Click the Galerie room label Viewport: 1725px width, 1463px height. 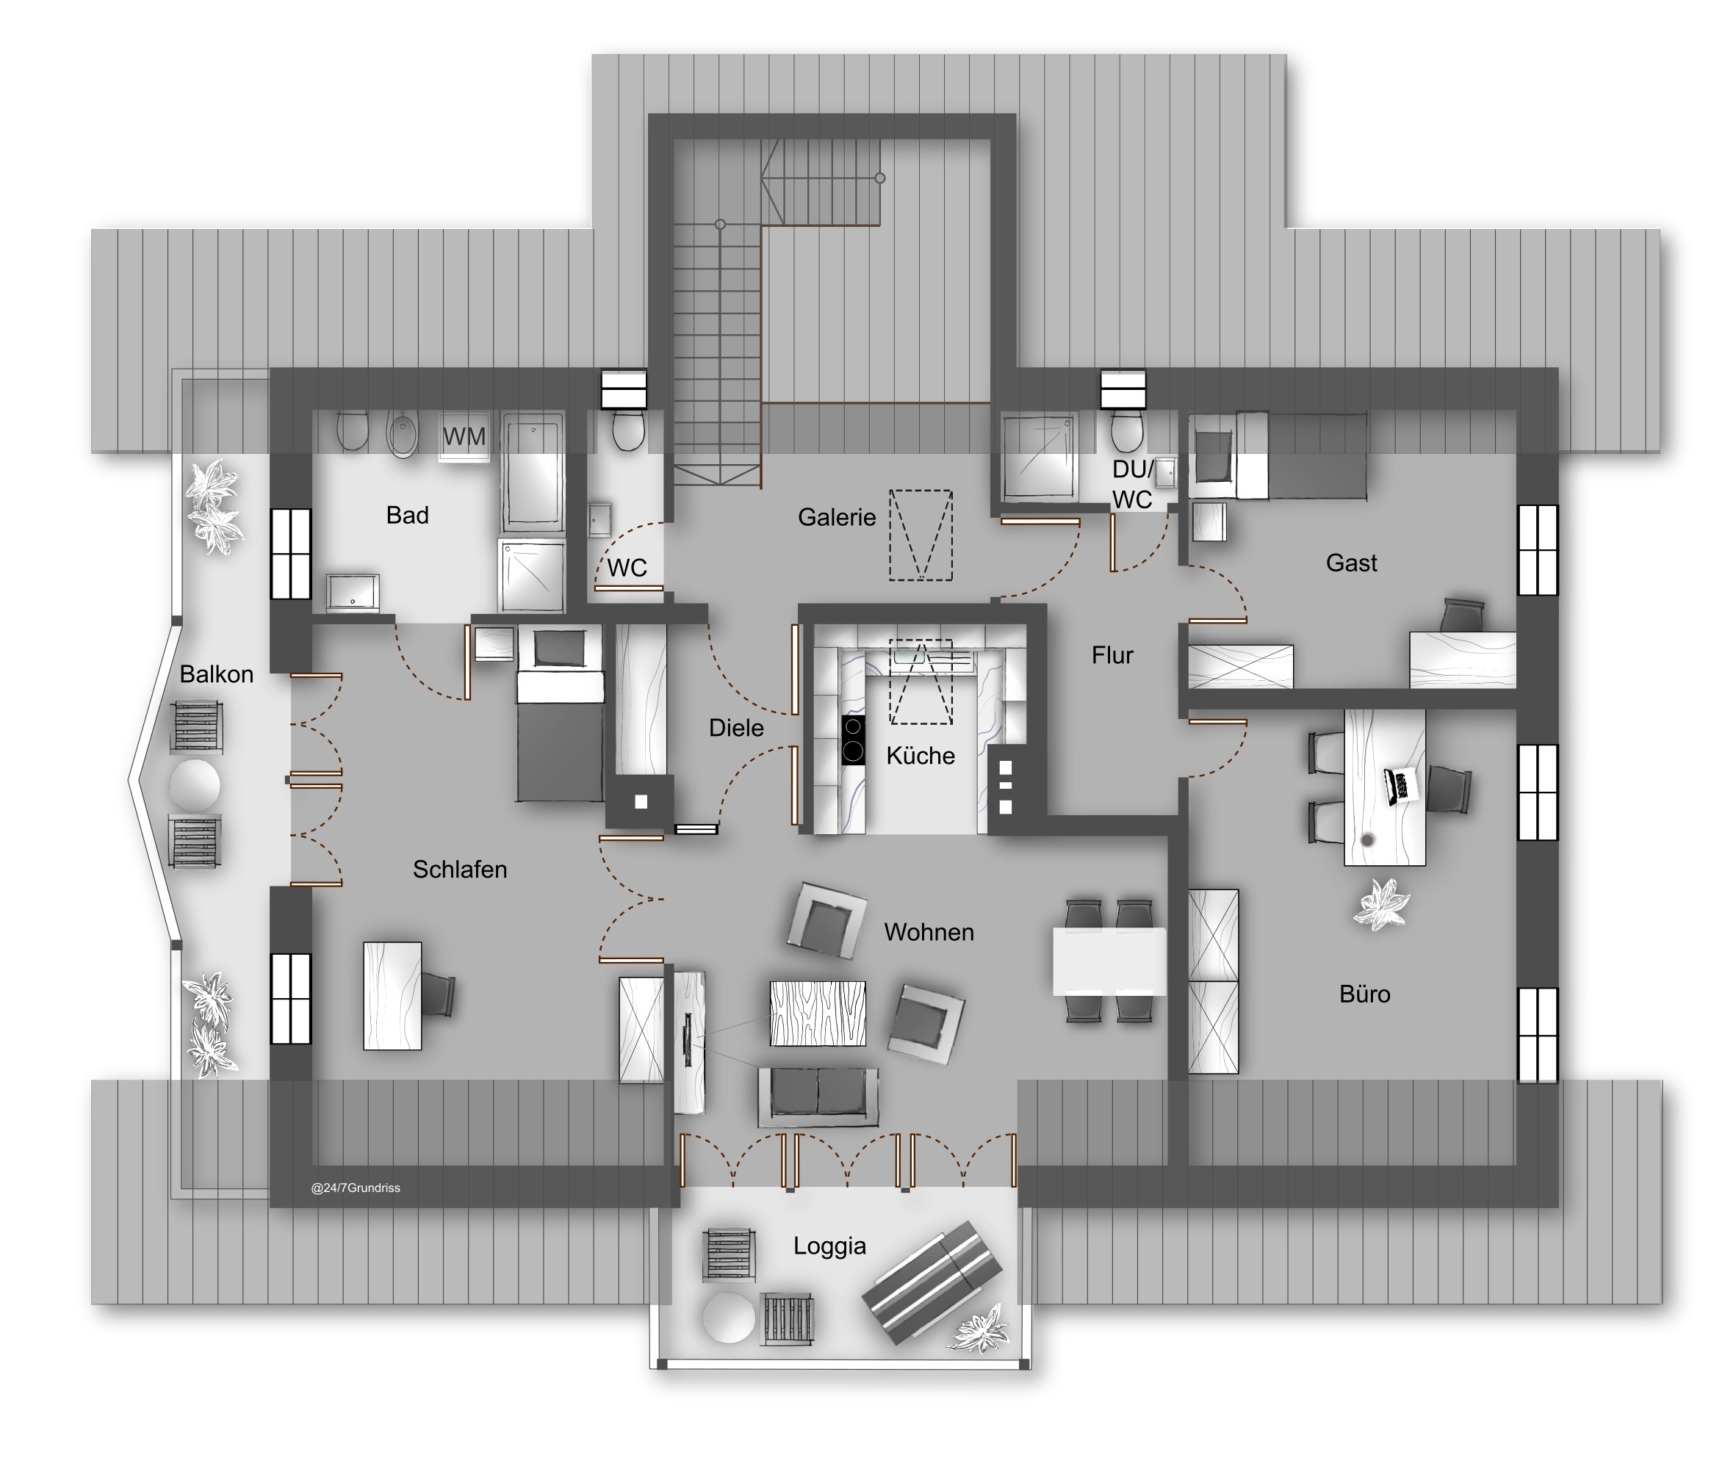point(836,518)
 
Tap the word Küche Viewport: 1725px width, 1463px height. point(920,756)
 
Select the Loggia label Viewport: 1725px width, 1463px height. point(829,1246)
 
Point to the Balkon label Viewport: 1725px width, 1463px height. point(217,674)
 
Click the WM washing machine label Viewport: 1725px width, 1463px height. point(464,436)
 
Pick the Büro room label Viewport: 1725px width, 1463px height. point(1365,994)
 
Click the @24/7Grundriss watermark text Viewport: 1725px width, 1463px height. point(355,1188)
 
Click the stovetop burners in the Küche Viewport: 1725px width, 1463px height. point(853,739)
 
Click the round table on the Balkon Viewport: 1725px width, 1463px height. point(195,784)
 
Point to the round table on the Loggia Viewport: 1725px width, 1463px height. point(729,1317)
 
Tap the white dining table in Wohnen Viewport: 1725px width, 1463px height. point(1109,961)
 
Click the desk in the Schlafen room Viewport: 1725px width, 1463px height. point(392,996)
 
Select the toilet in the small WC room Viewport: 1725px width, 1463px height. point(628,430)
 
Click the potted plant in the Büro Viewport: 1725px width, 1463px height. point(1380,903)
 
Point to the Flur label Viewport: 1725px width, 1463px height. point(1112,655)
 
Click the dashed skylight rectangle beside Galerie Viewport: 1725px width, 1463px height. point(921,535)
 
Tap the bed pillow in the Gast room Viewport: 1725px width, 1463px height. point(1213,455)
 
